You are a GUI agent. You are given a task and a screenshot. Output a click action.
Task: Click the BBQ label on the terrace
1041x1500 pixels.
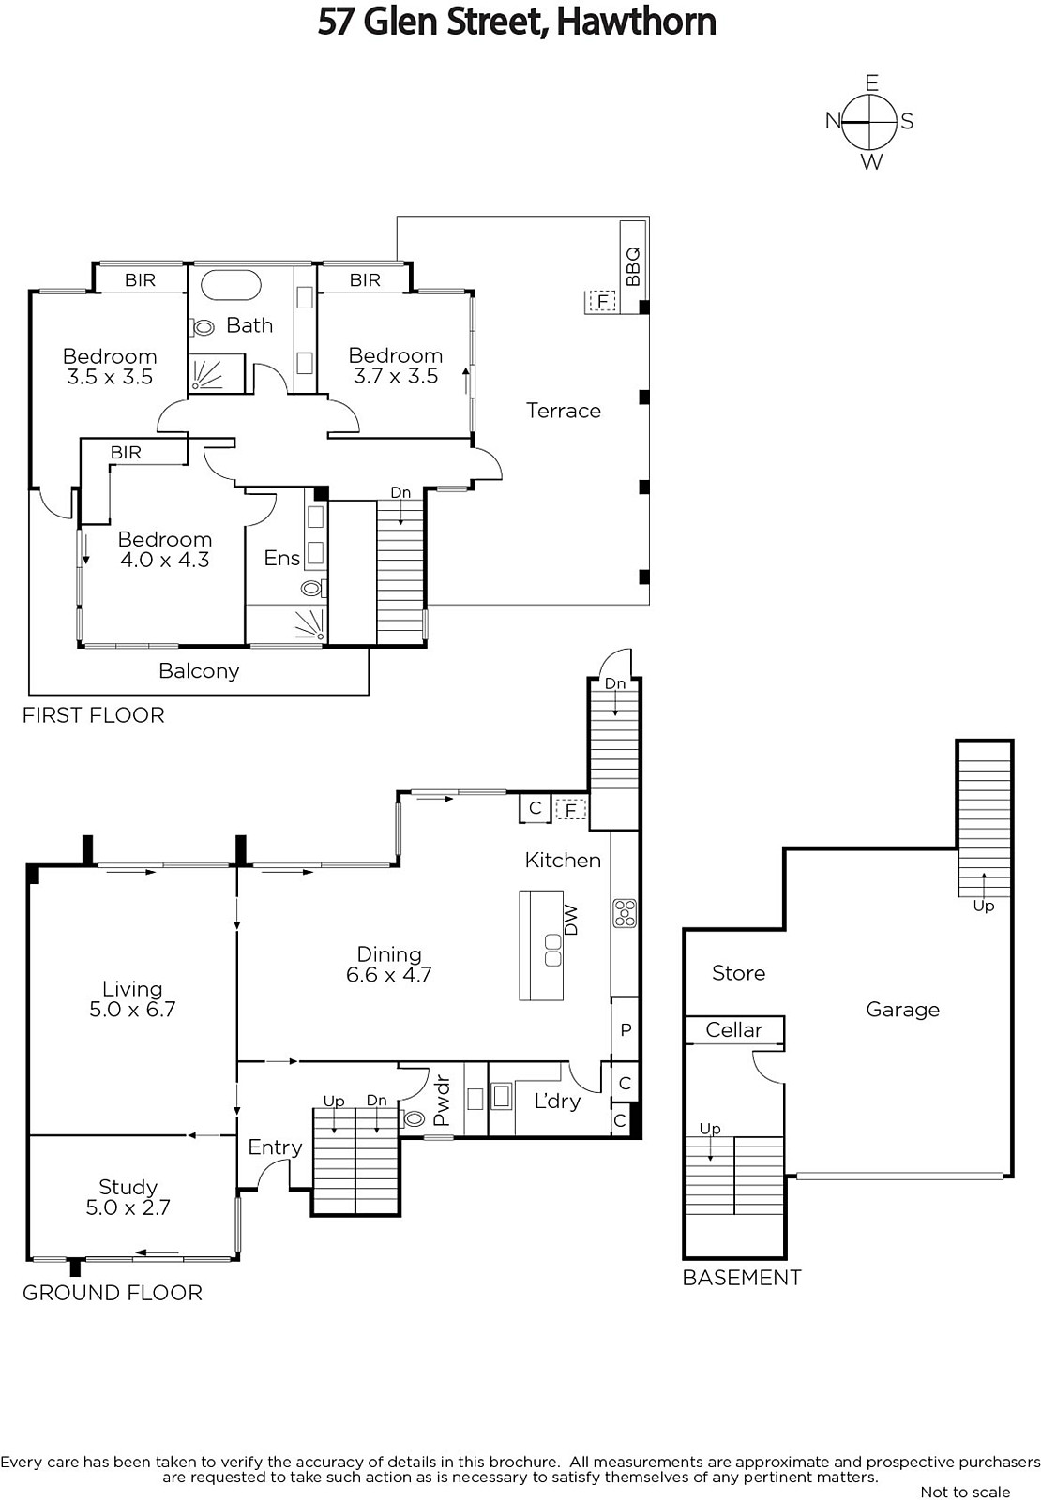(x=632, y=266)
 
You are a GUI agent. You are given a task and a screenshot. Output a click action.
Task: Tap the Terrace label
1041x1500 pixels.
(x=564, y=411)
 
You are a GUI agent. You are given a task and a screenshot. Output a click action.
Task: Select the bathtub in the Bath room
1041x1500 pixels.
(x=231, y=286)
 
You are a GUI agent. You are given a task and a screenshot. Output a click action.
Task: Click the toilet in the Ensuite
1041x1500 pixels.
(x=313, y=589)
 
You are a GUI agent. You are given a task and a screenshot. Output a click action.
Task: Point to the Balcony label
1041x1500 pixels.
(x=199, y=671)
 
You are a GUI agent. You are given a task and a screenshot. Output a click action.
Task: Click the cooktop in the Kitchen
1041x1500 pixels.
(x=625, y=913)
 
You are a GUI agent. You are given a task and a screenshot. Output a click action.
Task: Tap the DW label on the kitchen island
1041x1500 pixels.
(x=571, y=920)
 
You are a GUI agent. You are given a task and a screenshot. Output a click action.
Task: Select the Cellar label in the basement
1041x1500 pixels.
(x=733, y=1029)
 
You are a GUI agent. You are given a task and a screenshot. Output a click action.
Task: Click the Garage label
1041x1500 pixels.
(x=902, y=1010)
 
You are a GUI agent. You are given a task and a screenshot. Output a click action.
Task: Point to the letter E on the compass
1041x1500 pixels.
(x=871, y=83)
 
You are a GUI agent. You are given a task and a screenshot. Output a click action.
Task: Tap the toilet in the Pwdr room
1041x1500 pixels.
(x=413, y=1118)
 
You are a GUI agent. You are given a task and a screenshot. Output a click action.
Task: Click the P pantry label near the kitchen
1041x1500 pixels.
(x=626, y=1030)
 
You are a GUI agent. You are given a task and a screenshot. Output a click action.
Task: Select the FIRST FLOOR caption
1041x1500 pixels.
(x=93, y=715)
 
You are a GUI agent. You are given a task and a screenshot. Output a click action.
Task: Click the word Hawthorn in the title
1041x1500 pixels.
(x=637, y=22)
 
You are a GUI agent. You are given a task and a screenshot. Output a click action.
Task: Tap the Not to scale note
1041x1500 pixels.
(x=965, y=1492)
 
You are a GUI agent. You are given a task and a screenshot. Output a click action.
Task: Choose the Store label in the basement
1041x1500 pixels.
(x=738, y=973)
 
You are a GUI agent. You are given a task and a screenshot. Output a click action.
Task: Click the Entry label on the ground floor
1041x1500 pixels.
(x=275, y=1147)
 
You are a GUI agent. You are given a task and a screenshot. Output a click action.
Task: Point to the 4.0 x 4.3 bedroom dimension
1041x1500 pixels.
(x=165, y=560)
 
